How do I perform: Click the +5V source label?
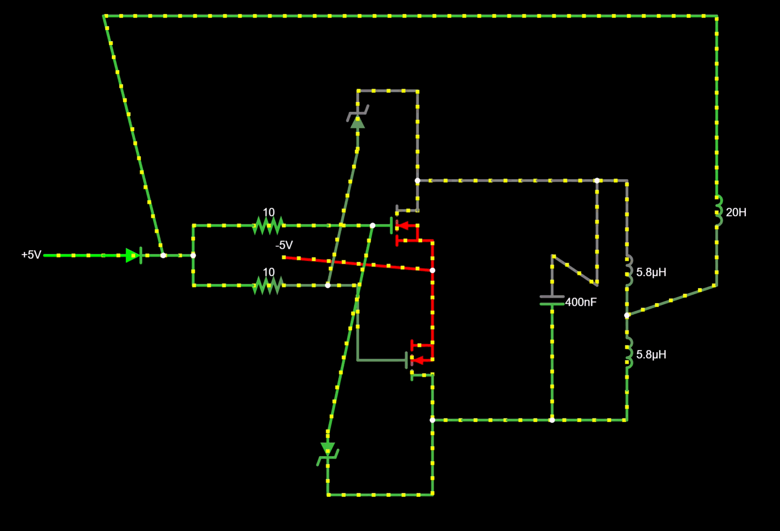tap(31, 255)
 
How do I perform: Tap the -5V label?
tap(284, 245)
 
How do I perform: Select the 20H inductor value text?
tap(736, 212)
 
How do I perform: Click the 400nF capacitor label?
tap(581, 302)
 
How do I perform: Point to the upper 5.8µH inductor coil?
tap(629, 271)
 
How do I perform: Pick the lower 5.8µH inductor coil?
tap(629, 353)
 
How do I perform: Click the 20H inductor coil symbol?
tap(719, 211)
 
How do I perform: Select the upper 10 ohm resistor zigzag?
tap(268, 226)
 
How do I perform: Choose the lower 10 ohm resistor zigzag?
tap(268, 285)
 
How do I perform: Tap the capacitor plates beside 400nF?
tap(552, 300)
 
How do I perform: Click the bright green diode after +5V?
tap(134, 255)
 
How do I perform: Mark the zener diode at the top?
tap(358, 117)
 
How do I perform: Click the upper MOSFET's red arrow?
tap(403, 226)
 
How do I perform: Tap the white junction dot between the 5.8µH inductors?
tap(627, 315)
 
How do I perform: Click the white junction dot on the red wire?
tap(432, 270)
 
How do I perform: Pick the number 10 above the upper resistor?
tap(268, 212)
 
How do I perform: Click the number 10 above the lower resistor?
tap(268, 272)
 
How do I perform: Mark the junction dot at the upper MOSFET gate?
tap(373, 226)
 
